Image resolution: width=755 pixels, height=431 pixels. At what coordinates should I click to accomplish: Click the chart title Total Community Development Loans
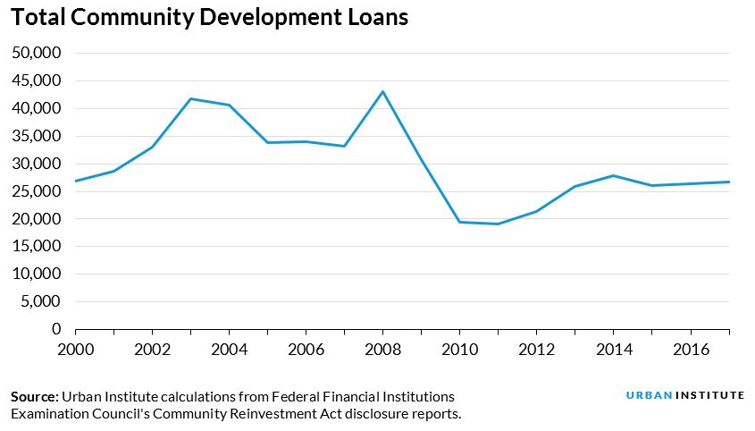coord(210,18)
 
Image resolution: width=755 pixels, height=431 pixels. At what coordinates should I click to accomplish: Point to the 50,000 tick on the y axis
coord(36,53)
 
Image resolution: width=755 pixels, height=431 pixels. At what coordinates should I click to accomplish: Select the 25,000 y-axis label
coord(36,191)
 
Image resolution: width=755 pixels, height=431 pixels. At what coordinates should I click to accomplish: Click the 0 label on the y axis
coord(56,329)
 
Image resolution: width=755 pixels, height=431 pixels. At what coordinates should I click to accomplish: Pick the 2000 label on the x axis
coord(75,348)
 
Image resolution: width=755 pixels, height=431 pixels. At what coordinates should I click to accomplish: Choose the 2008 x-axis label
coord(382,348)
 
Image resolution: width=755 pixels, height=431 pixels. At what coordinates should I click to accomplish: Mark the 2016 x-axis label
coord(690,348)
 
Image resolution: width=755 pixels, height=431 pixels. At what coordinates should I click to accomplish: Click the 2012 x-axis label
coord(536,348)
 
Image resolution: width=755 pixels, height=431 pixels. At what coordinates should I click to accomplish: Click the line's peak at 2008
coord(382,91)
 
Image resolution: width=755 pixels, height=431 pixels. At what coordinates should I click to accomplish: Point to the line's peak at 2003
coord(190,98)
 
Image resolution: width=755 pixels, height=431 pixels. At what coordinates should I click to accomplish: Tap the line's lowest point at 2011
coord(498,224)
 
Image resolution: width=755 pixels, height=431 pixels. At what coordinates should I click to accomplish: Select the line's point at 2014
coord(613,175)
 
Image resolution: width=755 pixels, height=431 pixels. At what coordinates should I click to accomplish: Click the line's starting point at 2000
coord(75,181)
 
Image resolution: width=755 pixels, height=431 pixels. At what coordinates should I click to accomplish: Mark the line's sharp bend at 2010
coord(459,222)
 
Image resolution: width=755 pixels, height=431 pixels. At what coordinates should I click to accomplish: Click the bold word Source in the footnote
coord(34,396)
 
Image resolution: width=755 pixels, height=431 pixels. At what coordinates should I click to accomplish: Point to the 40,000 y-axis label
coord(36,108)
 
